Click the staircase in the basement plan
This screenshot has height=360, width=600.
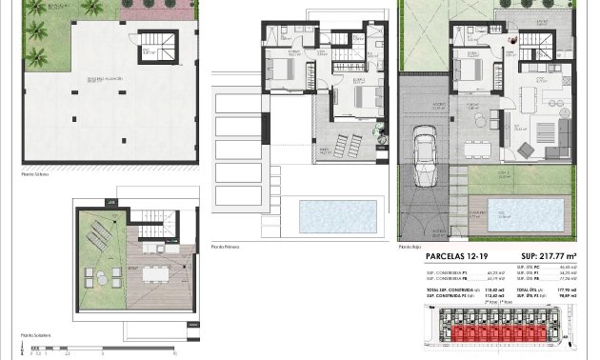coord(152,45)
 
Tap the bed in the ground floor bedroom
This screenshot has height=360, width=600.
coord(470,70)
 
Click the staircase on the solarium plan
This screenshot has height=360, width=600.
coord(150,232)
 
